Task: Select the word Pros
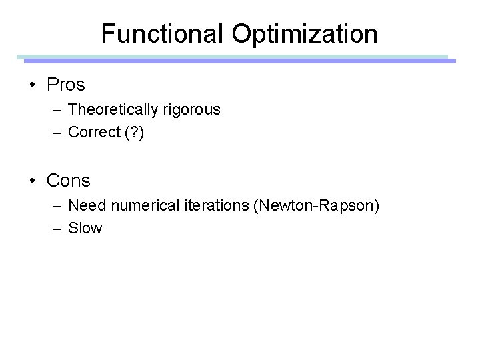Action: [67, 85]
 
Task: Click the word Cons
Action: [69, 180]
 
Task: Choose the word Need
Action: [85, 205]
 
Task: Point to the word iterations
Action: [216, 205]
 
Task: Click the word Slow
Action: [85, 228]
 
